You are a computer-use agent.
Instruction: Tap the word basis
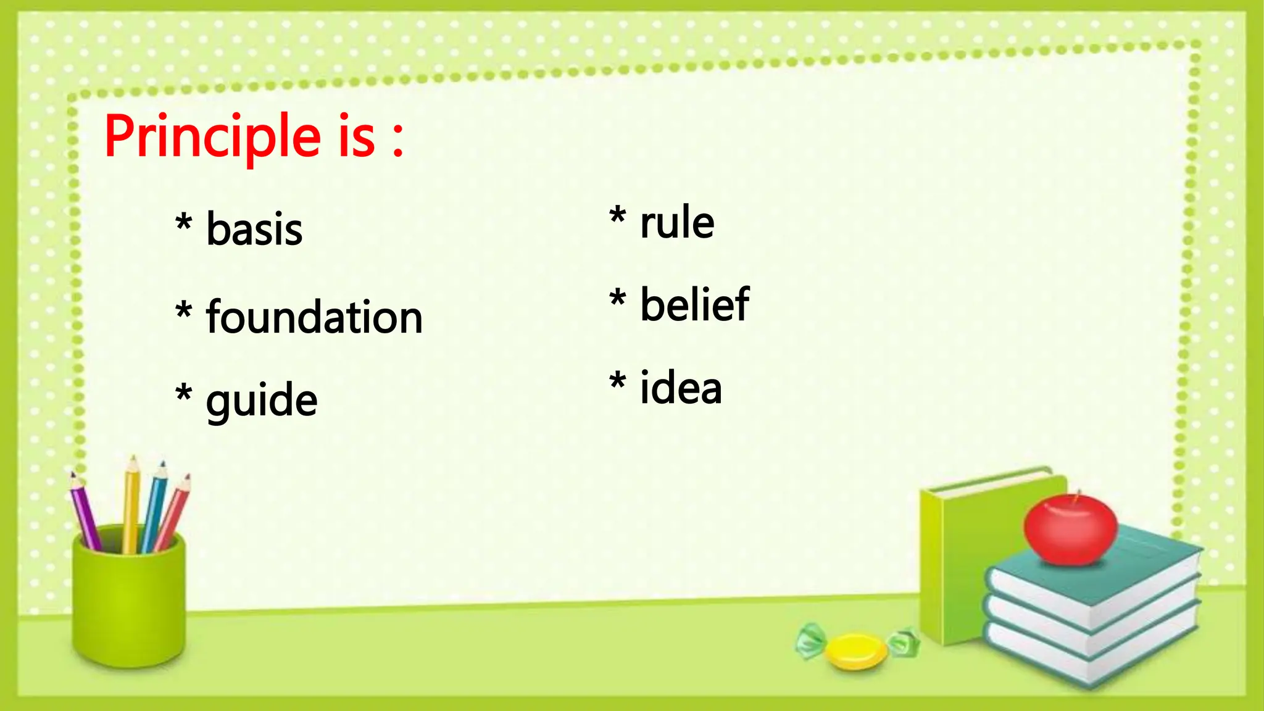[254, 229]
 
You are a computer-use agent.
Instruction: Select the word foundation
[314, 317]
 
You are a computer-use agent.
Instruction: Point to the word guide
[262, 401]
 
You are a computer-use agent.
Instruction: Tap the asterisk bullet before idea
[617, 382]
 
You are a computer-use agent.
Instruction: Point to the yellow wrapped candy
[856, 651]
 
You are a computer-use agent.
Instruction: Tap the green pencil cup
[128, 599]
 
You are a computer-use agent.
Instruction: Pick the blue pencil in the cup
[154, 506]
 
